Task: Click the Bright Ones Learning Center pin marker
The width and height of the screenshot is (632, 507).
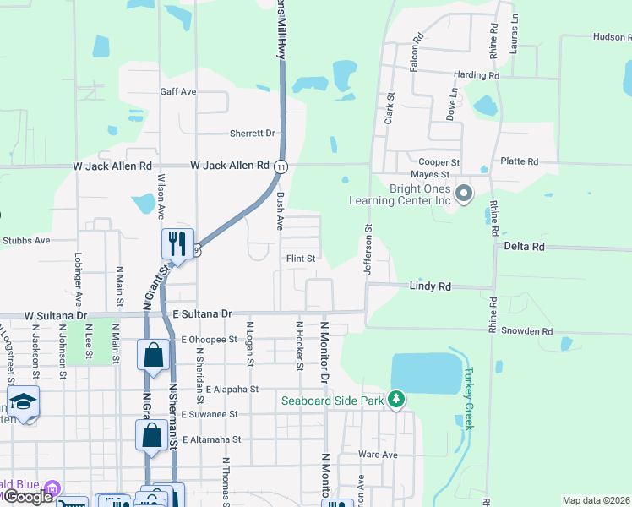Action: (x=464, y=195)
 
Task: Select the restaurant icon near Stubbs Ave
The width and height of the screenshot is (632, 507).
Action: (x=177, y=243)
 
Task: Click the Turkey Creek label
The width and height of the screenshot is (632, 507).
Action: (x=469, y=398)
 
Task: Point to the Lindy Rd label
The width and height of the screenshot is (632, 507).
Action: (x=429, y=286)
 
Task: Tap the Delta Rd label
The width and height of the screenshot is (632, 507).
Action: (x=524, y=246)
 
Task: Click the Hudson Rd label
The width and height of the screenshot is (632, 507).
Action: (x=612, y=37)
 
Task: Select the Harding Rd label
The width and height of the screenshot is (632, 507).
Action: (x=477, y=75)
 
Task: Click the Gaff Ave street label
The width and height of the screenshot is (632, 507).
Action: (x=177, y=91)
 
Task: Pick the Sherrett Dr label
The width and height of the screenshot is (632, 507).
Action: (x=252, y=134)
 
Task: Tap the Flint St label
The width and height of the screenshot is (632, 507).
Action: (x=300, y=259)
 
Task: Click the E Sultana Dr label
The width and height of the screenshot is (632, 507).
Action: (x=201, y=313)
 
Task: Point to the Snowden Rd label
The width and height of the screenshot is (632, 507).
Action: (x=525, y=332)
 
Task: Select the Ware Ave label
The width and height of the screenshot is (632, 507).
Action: (x=377, y=455)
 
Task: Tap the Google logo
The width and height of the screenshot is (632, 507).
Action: (x=28, y=497)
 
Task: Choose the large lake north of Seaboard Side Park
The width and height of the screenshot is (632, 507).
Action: (x=427, y=373)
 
